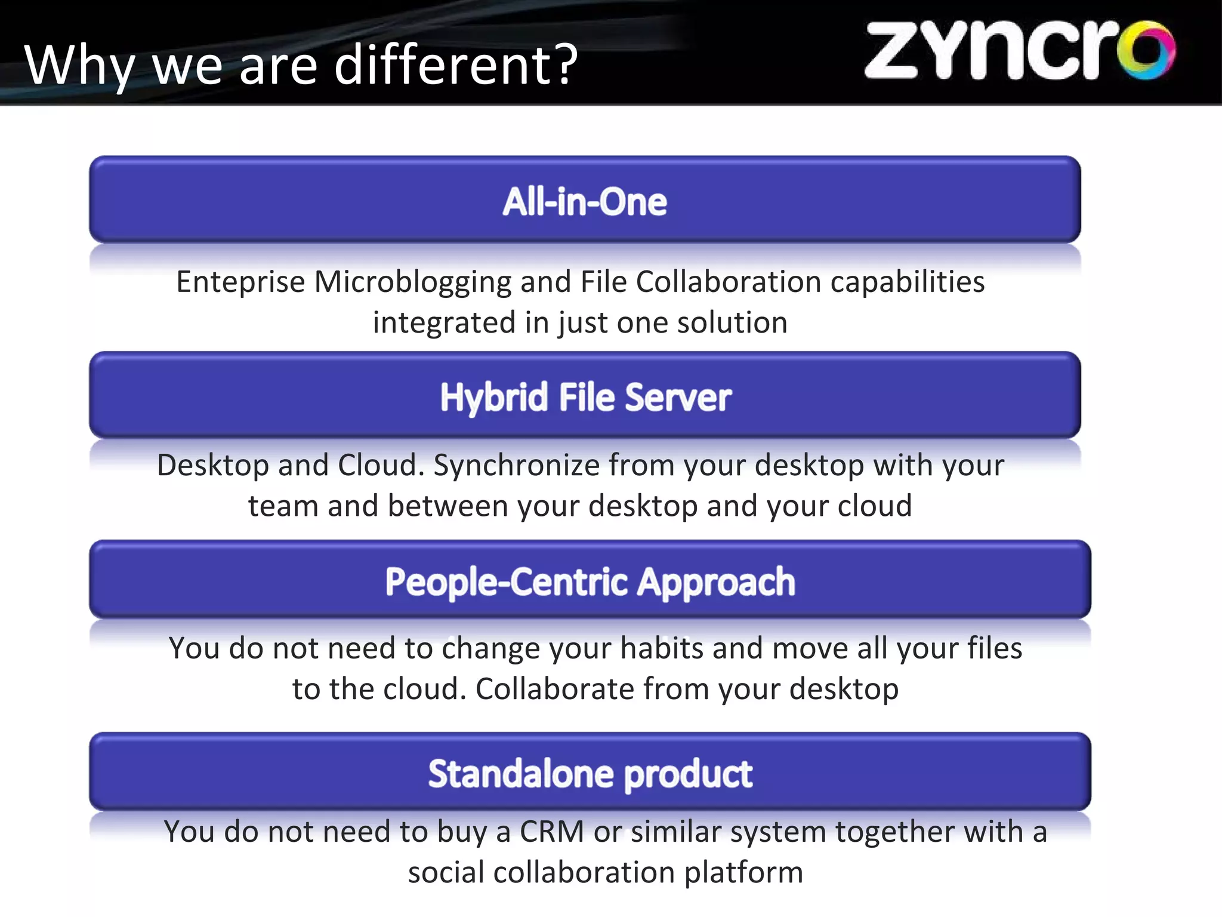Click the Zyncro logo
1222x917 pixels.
coord(1019,51)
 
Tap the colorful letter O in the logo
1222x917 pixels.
coord(1146,51)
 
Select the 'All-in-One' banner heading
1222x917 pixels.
coord(585,201)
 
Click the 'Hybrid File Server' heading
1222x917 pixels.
coord(585,397)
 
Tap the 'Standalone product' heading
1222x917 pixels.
coord(590,774)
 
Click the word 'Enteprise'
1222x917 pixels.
coord(240,282)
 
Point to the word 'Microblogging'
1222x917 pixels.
coord(412,283)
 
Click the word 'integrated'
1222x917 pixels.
coord(444,324)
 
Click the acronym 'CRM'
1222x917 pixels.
coord(552,832)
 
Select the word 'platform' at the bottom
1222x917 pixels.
coord(743,873)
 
